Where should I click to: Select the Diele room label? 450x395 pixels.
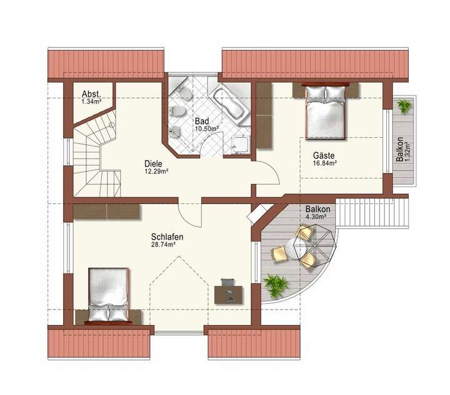153,163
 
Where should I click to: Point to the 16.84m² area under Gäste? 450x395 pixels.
325,163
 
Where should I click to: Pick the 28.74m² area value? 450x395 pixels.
163,245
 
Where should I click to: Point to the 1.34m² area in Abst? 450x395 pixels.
91,102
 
